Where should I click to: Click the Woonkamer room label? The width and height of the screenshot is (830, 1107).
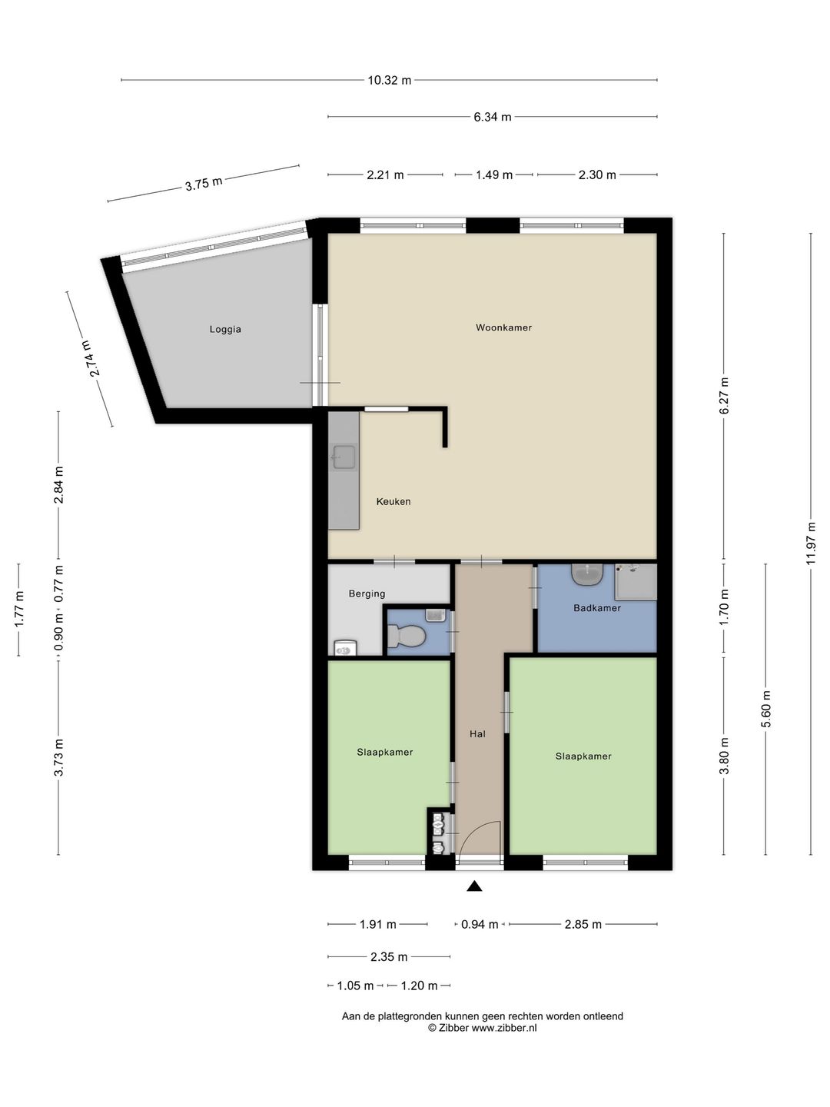(503, 327)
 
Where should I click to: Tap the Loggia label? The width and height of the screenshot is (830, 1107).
(225, 330)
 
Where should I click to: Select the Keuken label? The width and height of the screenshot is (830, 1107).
(393, 502)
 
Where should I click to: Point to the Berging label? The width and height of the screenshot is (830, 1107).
(367, 594)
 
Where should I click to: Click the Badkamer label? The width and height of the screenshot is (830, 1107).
(597, 608)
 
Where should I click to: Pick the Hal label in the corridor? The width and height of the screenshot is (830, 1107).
(478, 734)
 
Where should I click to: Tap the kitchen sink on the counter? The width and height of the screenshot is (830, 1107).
(344, 457)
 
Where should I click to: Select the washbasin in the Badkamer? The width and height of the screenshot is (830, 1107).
(587, 575)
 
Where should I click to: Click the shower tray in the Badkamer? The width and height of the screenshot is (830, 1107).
(636, 582)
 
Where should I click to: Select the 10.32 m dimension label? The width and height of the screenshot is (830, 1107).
(390, 80)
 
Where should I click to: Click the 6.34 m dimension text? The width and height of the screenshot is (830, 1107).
(493, 117)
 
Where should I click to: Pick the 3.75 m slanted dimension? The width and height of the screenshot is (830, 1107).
(204, 184)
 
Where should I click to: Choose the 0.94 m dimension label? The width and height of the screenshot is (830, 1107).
(480, 925)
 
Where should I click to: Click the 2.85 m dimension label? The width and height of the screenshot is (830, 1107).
(583, 925)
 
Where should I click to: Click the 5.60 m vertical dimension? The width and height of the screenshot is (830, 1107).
(766, 709)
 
